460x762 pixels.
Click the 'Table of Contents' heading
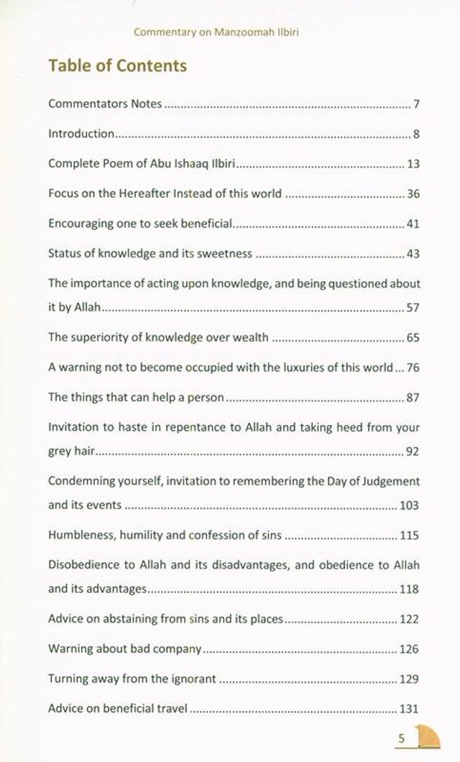pyautogui.click(x=117, y=66)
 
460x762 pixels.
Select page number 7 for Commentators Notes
pyautogui.click(x=416, y=104)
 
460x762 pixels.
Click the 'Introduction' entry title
pyautogui.click(x=81, y=134)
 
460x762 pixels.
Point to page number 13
pyautogui.click(x=413, y=163)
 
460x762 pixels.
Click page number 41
pyautogui.click(x=413, y=224)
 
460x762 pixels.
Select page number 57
pyautogui.click(x=413, y=308)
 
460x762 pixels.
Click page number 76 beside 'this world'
pyautogui.click(x=413, y=367)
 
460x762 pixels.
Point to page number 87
pyautogui.click(x=413, y=397)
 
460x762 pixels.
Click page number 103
pyautogui.click(x=409, y=505)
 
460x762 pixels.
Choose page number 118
pyautogui.click(x=409, y=589)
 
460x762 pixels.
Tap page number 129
pyautogui.click(x=409, y=679)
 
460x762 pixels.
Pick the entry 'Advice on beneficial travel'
pyautogui.click(x=118, y=708)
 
